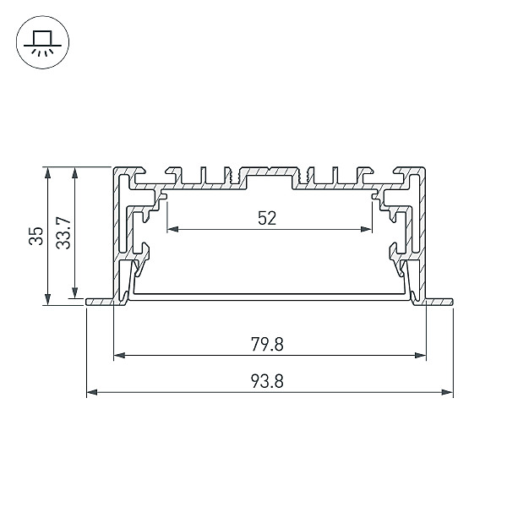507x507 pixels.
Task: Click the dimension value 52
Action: pos(267,218)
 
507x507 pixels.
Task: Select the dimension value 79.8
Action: pos(267,345)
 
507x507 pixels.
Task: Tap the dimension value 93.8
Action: pos(267,381)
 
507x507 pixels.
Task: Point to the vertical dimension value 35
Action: pos(35,236)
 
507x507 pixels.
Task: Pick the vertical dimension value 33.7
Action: pos(63,233)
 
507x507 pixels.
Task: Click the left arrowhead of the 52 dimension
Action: pos(173,229)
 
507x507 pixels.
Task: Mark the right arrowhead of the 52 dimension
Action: pos(367,229)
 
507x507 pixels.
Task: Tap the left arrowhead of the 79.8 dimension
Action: pos(120,356)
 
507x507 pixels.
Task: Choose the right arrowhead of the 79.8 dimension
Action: pos(420,356)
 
